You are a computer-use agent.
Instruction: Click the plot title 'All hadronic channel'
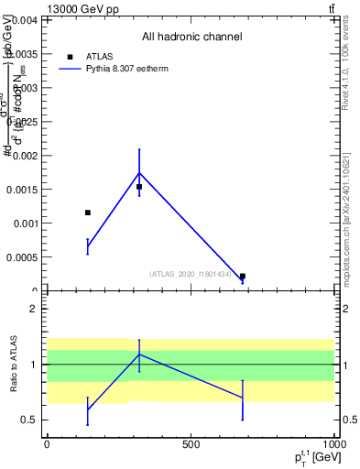(191, 38)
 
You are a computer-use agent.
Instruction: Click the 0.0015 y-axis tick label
(22, 190)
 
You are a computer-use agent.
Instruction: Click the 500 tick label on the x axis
(191, 444)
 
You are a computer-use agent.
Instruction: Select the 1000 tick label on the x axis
(333, 444)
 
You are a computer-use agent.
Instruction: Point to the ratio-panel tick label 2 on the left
(33, 309)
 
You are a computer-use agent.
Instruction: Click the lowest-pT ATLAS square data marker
(88, 213)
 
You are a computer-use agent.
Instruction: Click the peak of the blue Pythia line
(139, 172)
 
